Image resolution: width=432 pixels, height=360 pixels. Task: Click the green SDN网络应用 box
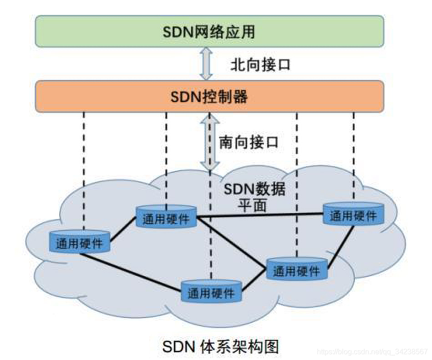pos(209,31)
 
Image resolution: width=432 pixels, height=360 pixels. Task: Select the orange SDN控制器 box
pos(209,97)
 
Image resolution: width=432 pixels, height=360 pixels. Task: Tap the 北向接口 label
pos(260,65)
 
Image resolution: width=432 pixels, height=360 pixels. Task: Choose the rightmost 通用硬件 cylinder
pos(353,214)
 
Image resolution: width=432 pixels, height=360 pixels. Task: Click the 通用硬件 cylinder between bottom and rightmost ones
pos(296,269)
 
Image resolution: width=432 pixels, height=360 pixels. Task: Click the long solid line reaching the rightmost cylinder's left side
pos(259,216)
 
